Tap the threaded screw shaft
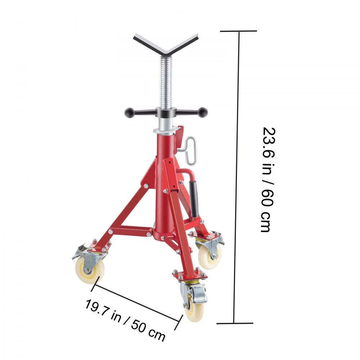click(166, 83)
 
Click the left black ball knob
click(130, 113)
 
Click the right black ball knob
click(203, 112)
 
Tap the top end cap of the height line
click(238, 31)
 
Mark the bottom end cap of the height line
click(234, 323)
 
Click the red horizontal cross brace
click(131, 231)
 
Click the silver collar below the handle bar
click(166, 129)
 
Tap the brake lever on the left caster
click(78, 252)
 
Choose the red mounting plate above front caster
click(189, 276)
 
